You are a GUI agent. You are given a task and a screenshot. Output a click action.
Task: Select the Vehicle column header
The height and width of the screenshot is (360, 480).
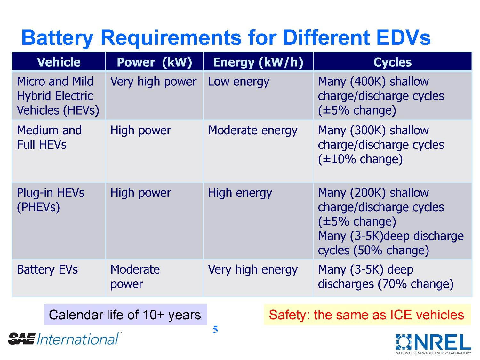click(x=59, y=62)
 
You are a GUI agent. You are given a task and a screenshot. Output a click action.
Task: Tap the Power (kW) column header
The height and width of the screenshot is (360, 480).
click(x=154, y=62)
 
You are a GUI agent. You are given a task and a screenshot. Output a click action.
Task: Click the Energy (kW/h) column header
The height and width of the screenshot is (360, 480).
click(x=258, y=62)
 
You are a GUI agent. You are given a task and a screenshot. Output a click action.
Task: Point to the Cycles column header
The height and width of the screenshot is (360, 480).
click(x=392, y=62)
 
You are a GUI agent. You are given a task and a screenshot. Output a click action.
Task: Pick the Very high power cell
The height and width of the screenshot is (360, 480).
click(x=153, y=82)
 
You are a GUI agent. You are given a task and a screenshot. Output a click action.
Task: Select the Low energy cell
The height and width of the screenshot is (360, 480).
click(x=239, y=82)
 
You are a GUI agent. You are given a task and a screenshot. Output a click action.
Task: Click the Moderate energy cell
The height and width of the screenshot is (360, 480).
click(x=253, y=131)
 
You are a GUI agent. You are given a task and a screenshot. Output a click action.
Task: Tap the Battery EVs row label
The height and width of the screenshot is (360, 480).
click(x=47, y=270)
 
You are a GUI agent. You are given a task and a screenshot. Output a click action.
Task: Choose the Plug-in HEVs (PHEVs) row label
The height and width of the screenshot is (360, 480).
click(x=51, y=200)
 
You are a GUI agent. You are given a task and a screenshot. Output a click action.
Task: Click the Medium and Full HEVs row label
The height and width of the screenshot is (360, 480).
click(x=49, y=138)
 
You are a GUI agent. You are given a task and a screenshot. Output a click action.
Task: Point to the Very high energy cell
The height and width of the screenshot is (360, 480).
click(x=253, y=270)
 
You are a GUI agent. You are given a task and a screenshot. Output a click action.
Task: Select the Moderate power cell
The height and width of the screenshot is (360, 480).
click(x=135, y=277)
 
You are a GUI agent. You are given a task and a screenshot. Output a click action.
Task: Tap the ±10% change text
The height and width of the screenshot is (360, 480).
click(x=360, y=159)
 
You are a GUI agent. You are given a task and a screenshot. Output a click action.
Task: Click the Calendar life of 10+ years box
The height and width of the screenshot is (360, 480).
click(x=125, y=315)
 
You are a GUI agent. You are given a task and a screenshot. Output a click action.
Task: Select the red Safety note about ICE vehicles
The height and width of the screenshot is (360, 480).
click(x=367, y=315)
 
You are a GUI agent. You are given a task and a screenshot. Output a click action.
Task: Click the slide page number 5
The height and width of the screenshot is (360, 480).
click(x=215, y=330)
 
